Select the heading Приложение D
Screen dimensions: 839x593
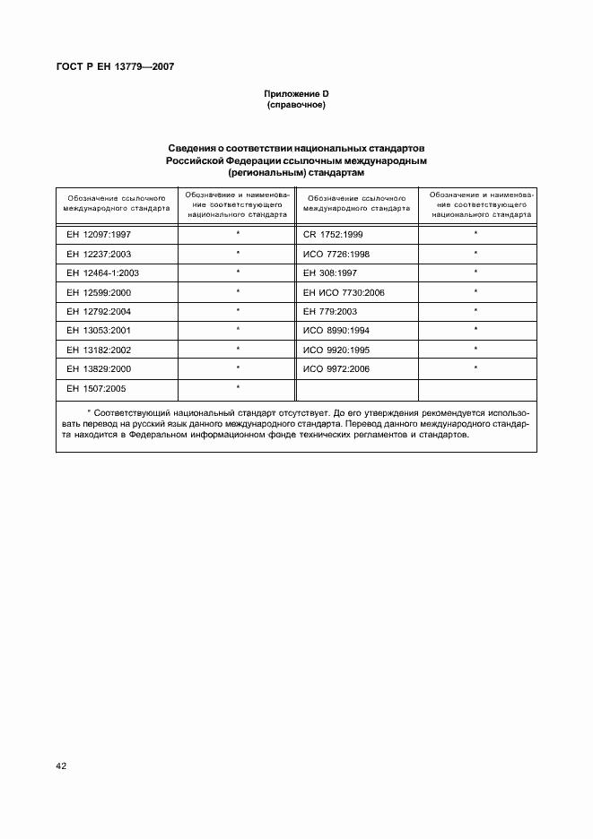tap(295, 94)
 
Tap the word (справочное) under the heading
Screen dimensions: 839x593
tap(295, 106)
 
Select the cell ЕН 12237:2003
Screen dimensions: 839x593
tap(98, 253)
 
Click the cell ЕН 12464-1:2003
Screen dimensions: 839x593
tap(102, 272)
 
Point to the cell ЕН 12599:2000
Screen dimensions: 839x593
tap(98, 292)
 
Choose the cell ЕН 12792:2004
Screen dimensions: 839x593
tap(98, 311)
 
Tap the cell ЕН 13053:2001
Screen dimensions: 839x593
tap(98, 331)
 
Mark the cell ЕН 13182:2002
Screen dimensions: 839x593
tap(98, 350)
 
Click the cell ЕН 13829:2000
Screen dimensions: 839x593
tap(98, 369)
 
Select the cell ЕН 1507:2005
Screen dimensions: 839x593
tap(95, 389)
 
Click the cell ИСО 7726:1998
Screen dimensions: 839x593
tap(337, 253)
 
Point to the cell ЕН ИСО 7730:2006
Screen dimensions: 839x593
tap(344, 292)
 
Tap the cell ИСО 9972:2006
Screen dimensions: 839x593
tap(337, 369)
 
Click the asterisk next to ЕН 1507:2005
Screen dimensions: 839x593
tap(238, 387)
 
